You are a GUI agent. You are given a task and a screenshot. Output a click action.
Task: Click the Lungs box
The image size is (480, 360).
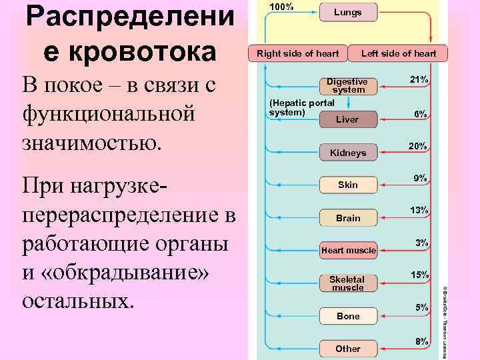[x=348, y=12]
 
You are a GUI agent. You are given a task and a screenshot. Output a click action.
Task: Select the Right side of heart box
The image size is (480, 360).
[x=293, y=53]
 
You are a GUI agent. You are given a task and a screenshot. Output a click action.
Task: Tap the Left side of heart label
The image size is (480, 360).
[x=399, y=53]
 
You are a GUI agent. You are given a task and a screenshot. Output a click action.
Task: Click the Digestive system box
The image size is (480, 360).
[x=348, y=85]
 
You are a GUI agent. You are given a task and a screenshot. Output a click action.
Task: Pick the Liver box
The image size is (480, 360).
[x=347, y=119]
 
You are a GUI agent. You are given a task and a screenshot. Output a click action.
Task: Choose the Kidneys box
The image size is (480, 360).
[x=348, y=153]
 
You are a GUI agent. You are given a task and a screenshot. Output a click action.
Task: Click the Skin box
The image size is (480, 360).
[x=348, y=185]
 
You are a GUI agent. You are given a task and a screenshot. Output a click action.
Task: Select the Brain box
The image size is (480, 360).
[x=348, y=218]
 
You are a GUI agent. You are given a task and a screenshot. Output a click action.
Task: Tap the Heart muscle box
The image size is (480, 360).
[x=348, y=251]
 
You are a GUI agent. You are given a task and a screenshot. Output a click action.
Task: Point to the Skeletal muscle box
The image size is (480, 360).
[x=348, y=283]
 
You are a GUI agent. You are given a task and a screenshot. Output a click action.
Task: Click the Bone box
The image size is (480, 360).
[x=348, y=316]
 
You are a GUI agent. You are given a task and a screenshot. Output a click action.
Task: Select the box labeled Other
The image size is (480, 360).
[x=348, y=349]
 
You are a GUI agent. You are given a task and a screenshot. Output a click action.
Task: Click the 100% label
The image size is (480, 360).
[x=281, y=7]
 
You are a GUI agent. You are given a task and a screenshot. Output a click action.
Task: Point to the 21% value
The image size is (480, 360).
[x=419, y=80]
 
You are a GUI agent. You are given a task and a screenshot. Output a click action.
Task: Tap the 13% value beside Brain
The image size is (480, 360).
[x=419, y=210]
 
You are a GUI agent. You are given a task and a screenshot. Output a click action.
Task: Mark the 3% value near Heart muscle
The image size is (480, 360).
[x=421, y=243]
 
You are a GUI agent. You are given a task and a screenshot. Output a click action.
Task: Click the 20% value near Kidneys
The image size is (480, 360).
[x=418, y=145]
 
